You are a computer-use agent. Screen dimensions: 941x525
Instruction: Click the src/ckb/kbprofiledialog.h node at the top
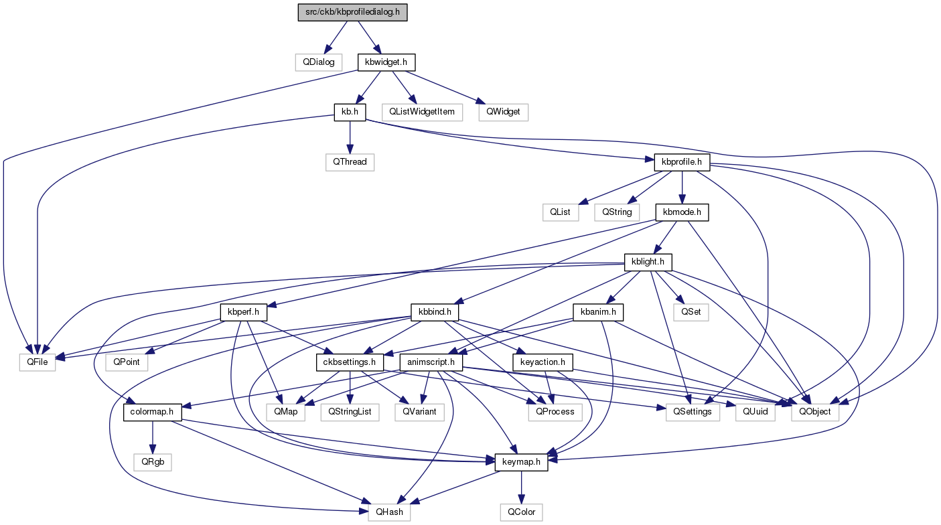click(x=352, y=12)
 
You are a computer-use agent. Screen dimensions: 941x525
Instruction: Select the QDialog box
click(x=318, y=62)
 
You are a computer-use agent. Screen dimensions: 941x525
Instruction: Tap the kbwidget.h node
click(x=386, y=62)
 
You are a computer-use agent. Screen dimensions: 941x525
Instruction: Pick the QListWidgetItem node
click(x=422, y=112)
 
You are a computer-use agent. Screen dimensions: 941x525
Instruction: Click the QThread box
click(x=350, y=162)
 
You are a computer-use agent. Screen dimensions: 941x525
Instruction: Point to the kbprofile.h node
click(x=682, y=162)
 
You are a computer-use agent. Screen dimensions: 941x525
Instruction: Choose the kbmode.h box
click(x=682, y=212)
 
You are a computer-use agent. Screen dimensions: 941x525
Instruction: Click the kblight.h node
click(x=648, y=262)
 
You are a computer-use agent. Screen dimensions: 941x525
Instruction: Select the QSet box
click(x=691, y=312)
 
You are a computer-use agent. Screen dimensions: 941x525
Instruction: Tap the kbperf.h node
click(x=243, y=312)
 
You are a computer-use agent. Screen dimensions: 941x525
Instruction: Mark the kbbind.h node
click(x=435, y=312)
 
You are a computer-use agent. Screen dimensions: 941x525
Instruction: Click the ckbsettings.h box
click(x=350, y=362)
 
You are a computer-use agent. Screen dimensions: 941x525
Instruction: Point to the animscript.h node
click(x=431, y=362)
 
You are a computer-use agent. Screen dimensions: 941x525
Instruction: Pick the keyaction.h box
click(x=542, y=362)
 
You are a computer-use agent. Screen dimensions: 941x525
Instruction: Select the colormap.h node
click(x=152, y=412)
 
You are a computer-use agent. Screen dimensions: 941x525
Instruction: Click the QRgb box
click(x=153, y=462)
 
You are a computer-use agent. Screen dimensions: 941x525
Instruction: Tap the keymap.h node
click(x=521, y=462)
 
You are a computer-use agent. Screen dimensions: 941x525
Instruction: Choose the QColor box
click(x=521, y=512)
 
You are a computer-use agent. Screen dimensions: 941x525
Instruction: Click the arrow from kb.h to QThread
click(x=350, y=137)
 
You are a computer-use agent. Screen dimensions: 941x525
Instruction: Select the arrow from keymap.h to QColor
click(x=521, y=487)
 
